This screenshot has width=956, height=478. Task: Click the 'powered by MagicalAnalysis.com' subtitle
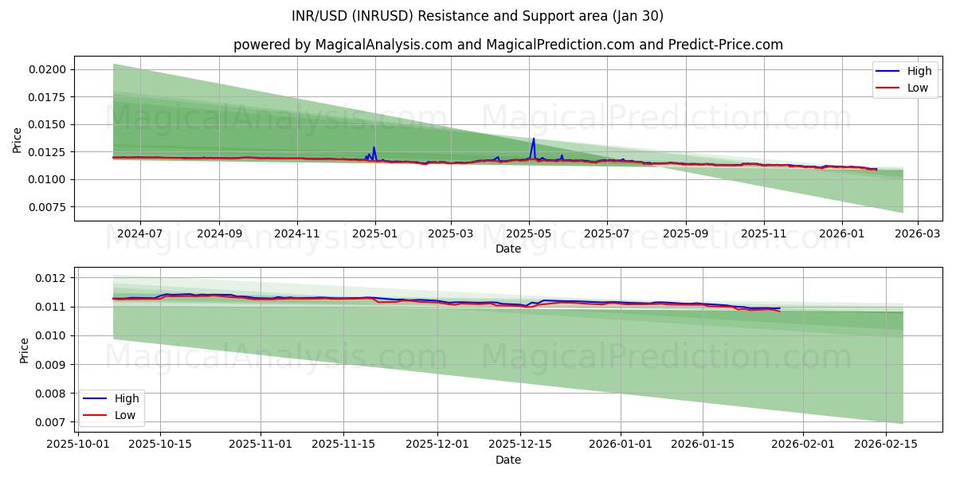[x=508, y=45]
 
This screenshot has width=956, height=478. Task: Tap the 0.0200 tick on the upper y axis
[x=50, y=69]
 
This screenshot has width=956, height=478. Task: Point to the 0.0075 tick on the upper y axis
[x=50, y=206]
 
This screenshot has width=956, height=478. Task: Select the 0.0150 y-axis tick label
[x=50, y=124]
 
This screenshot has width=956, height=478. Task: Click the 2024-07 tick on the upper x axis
[x=140, y=233]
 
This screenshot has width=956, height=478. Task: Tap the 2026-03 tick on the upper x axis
[x=918, y=233]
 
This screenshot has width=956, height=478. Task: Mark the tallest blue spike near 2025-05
[x=534, y=139]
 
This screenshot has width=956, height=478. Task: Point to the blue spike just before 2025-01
[x=374, y=147]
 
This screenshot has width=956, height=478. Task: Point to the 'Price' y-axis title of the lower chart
[x=24, y=350]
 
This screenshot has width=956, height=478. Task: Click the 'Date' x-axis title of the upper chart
[x=508, y=249]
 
